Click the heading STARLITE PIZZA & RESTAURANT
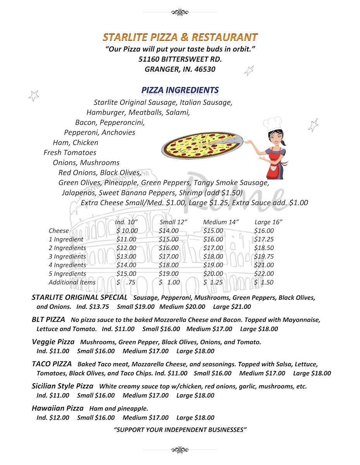click(180, 37)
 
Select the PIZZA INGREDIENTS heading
click(180, 90)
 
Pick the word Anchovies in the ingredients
click(119, 133)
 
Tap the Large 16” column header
click(268, 222)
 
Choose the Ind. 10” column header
click(126, 222)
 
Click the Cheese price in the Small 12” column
click(169, 231)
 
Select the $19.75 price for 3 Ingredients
click(264, 257)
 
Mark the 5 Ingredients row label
click(67, 274)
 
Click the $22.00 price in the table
click(264, 274)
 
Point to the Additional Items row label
click(72, 282)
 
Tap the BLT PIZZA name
click(48, 320)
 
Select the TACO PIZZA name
click(52, 364)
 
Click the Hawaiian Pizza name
click(57, 408)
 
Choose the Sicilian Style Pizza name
click(62, 386)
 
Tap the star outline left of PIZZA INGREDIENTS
click(34, 95)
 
